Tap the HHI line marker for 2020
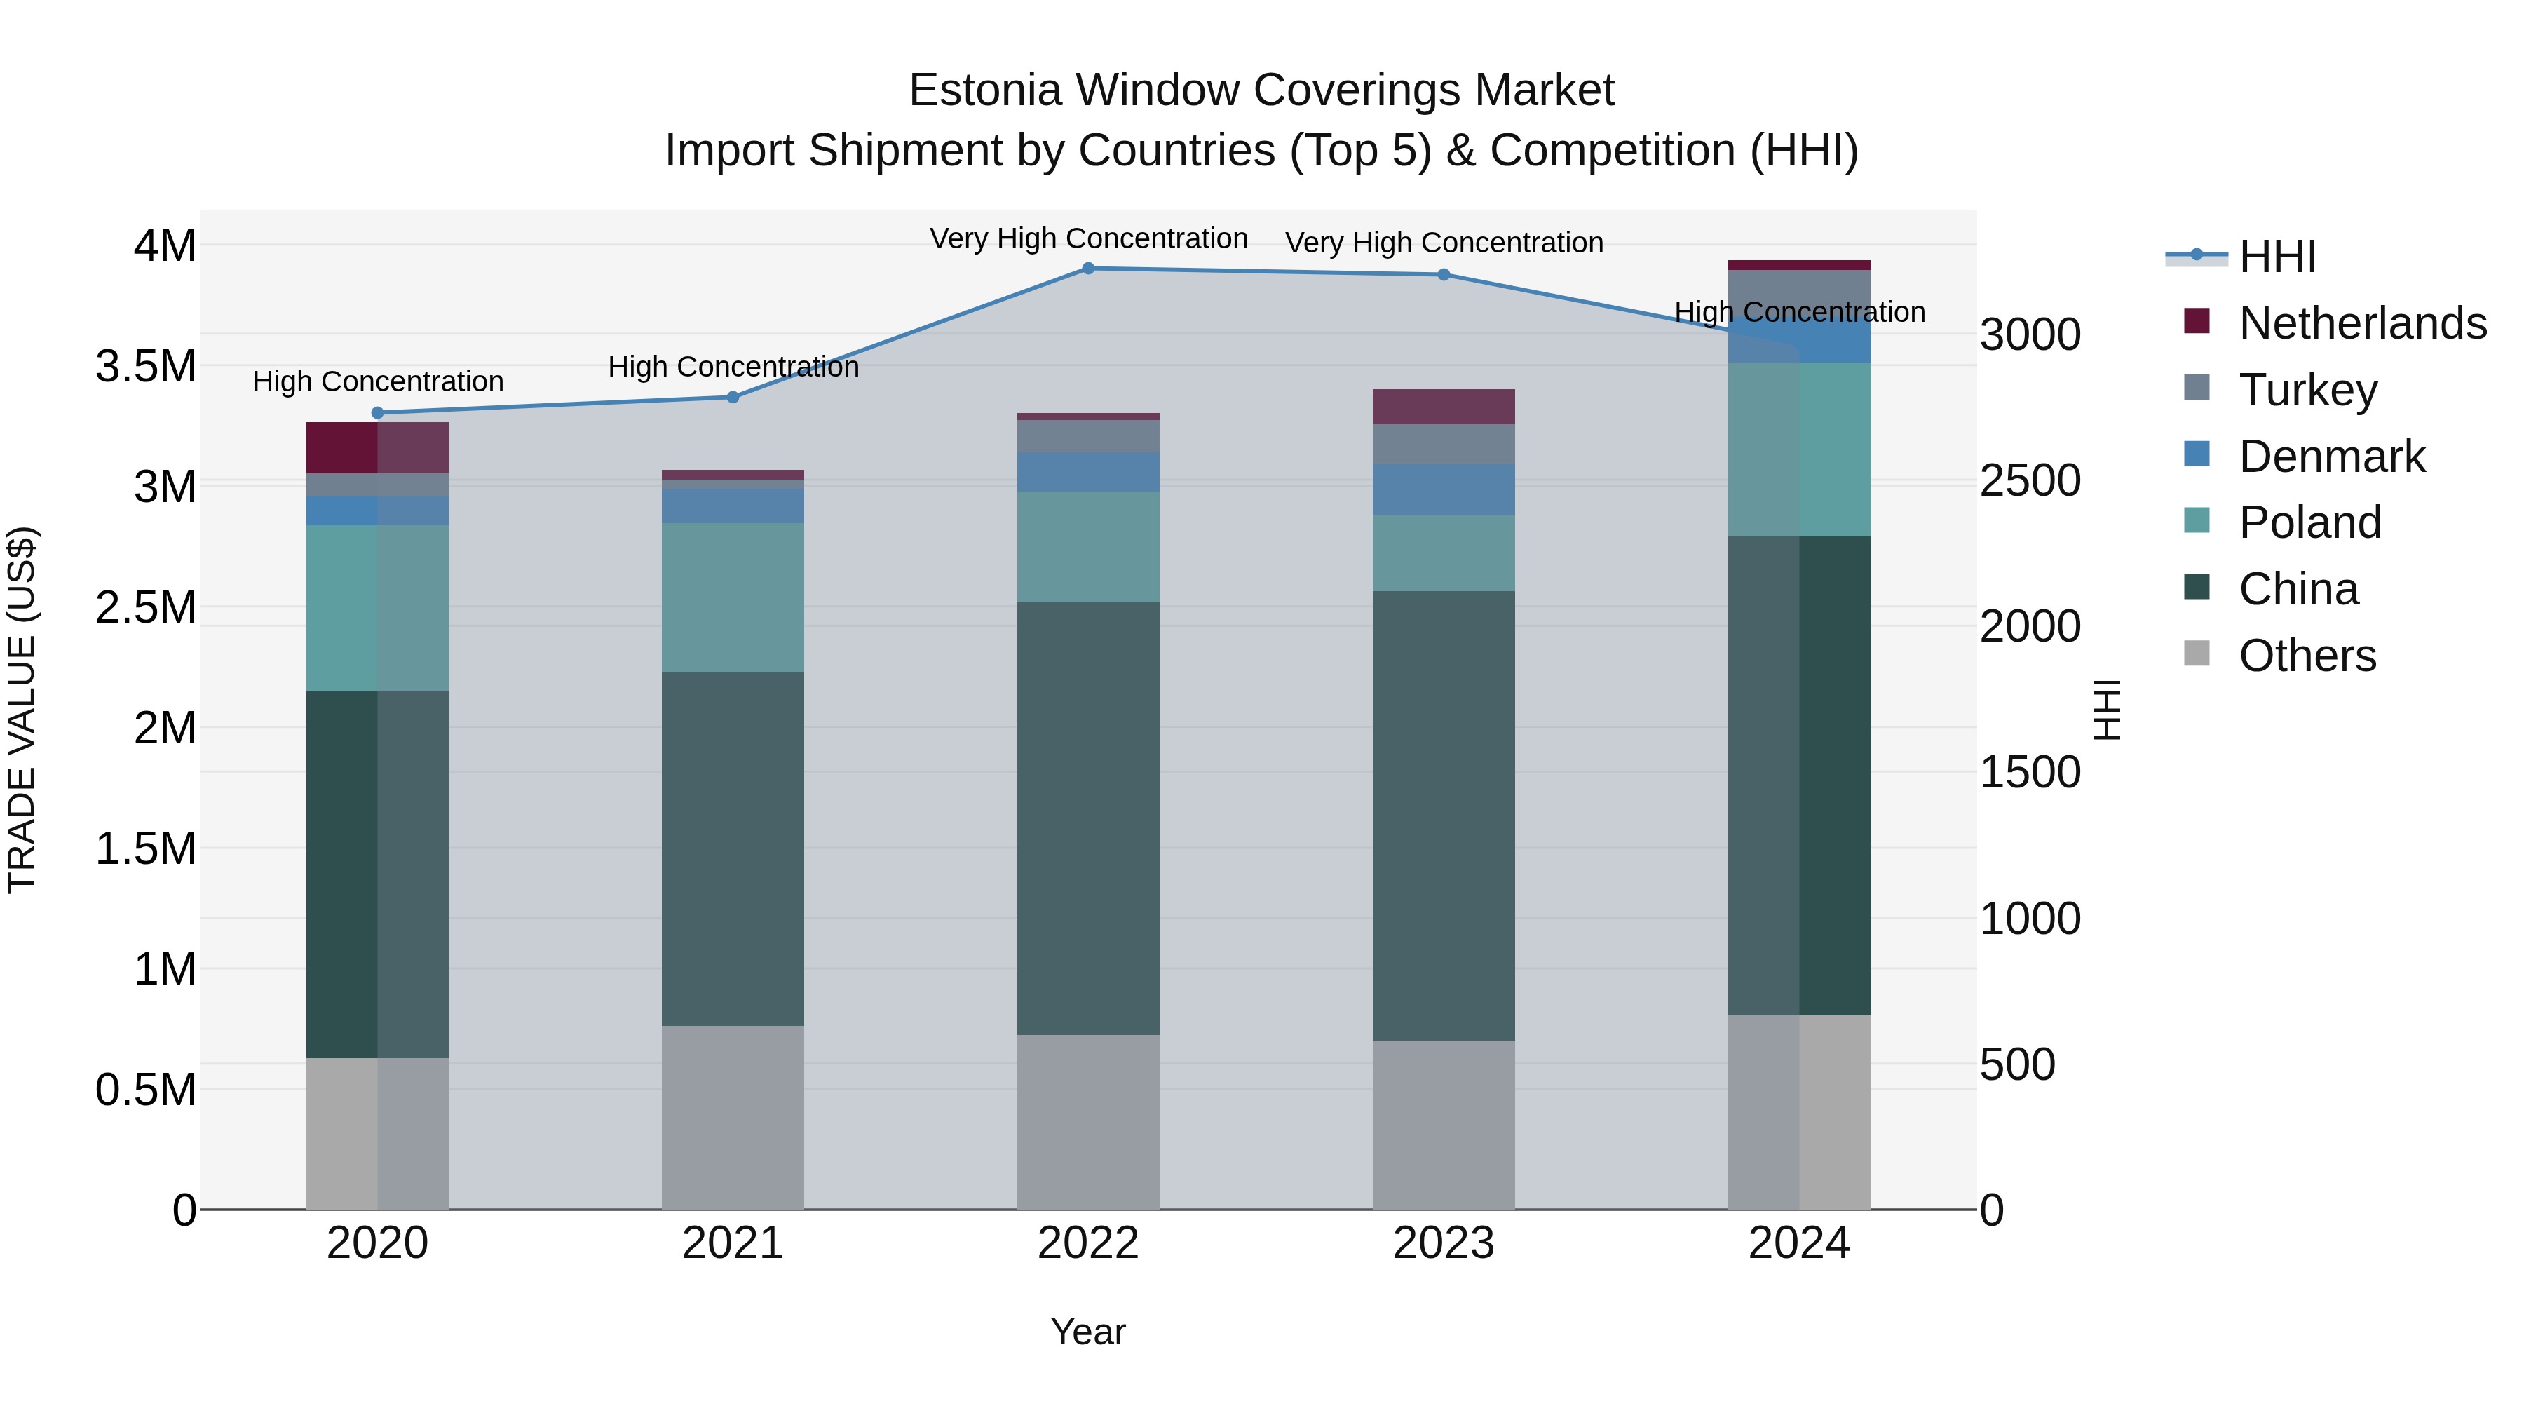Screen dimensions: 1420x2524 (x=377, y=412)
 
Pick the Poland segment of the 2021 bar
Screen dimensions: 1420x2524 (x=732, y=597)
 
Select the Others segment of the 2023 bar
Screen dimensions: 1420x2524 (x=1444, y=1124)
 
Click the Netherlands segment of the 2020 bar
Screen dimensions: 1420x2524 (x=377, y=448)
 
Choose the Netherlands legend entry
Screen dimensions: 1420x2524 (x=2361, y=323)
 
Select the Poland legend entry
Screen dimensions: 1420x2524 (x=2309, y=522)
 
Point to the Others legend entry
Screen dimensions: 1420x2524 (x=2307, y=656)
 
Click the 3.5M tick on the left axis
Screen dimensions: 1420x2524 (x=145, y=367)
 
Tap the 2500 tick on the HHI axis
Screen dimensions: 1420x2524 (x=2030, y=480)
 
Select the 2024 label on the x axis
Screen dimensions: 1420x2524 (x=1799, y=1243)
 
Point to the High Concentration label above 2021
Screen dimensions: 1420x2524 (x=732, y=367)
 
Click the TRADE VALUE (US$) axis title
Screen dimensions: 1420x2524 (x=22, y=710)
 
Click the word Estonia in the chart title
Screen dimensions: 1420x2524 (x=985, y=90)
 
